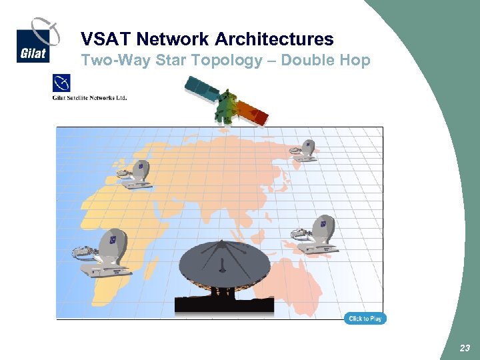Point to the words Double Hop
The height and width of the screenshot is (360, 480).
[325, 60]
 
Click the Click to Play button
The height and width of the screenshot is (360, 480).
[365, 319]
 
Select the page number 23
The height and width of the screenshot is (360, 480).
[465, 348]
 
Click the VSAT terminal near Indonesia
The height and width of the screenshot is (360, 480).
[317, 235]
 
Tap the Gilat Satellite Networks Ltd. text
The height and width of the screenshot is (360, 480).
[89, 98]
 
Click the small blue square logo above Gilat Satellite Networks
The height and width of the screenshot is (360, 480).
[61, 84]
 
